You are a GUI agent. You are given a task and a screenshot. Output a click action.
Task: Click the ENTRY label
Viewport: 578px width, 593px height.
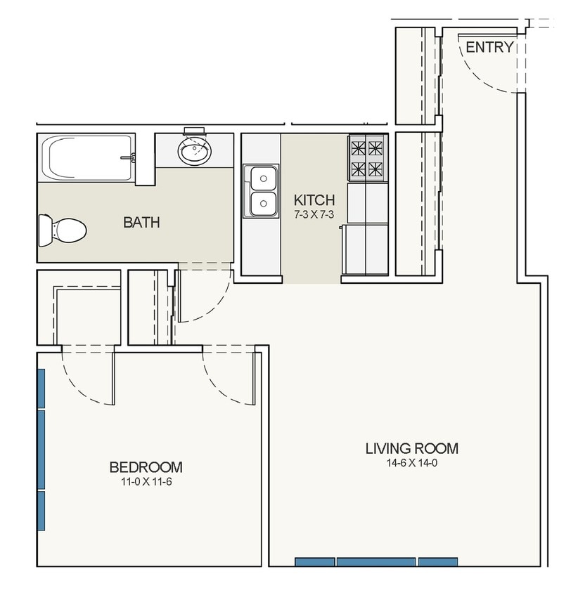[x=489, y=47]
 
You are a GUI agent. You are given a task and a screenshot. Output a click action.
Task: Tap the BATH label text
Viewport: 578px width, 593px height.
[x=141, y=222]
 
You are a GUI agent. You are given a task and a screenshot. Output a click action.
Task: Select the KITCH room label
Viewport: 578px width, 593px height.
[x=314, y=200]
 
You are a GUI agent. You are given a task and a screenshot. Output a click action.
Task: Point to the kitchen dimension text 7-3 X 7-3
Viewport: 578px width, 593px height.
[x=314, y=215]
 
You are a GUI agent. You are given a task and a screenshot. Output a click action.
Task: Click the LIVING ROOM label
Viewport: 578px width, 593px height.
[x=412, y=448]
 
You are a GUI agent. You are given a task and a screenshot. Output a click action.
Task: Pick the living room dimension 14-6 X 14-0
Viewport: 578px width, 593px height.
[x=412, y=463]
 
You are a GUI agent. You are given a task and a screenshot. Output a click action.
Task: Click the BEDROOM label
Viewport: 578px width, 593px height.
[x=146, y=467]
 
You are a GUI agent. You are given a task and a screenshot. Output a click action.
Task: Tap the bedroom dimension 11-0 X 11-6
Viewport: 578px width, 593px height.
[x=146, y=482]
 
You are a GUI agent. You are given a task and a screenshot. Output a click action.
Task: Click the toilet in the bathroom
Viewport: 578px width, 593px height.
[x=63, y=230]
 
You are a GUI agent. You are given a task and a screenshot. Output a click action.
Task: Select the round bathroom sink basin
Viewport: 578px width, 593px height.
[x=195, y=151]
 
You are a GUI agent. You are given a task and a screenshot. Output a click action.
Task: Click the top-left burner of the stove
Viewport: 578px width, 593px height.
[x=358, y=148]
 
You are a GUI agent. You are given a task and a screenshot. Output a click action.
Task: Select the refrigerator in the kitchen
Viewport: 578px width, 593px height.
[x=365, y=249]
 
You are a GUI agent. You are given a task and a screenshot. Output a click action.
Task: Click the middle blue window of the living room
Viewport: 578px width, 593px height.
[x=376, y=561]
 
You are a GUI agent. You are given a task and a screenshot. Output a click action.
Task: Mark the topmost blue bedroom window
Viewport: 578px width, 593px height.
[x=41, y=389]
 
